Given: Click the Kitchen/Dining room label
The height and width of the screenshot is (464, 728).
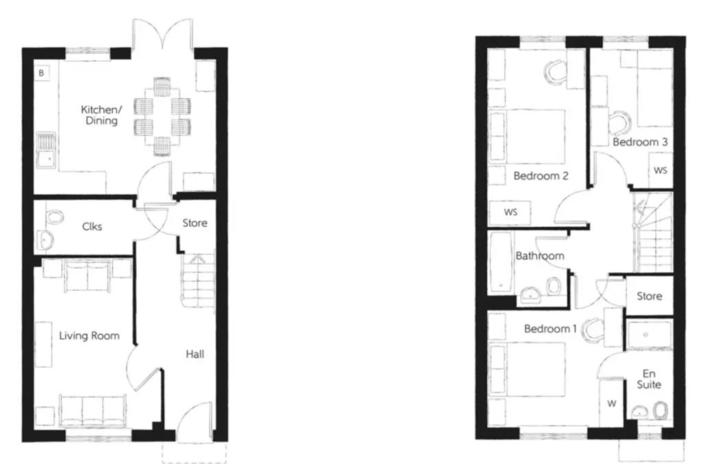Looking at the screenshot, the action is click(x=101, y=115).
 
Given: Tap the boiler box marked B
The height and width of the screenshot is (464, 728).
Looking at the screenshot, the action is click(x=42, y=73).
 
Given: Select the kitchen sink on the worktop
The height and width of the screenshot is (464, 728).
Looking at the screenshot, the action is click(x=46, y=151).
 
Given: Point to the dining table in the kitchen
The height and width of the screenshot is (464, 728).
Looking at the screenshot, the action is click(x=162, y=117).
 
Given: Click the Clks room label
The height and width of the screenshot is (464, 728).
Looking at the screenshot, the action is click(x=92, y=227).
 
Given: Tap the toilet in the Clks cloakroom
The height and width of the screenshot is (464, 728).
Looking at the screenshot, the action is click(x=54, y=217).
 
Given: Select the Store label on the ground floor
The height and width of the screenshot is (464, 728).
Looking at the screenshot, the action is click(x=195, y=223).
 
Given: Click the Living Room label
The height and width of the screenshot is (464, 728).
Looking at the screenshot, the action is click(x=89, y=335).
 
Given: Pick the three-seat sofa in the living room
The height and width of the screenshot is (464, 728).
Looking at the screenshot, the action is click(x=92, y=410).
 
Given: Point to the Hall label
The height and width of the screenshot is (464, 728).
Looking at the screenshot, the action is click(x=195, y=354).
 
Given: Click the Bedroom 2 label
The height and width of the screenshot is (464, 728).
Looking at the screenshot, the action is click(x=541, y=176).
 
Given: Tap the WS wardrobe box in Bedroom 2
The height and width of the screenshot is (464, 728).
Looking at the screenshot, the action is click(x=510, y=212).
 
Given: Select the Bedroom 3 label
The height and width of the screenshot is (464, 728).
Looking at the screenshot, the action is click(x=640, y=142).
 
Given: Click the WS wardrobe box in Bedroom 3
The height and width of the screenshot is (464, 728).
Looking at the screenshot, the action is click(x=660, y=170).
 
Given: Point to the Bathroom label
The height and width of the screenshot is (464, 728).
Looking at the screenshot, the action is click(x=540, y=256).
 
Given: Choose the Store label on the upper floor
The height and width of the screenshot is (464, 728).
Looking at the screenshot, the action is click(x=649, y=296).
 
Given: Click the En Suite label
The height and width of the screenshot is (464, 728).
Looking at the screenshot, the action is click(x=649, y=379).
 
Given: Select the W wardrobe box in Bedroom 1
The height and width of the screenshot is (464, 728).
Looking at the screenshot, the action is click(x=611, y=403).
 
